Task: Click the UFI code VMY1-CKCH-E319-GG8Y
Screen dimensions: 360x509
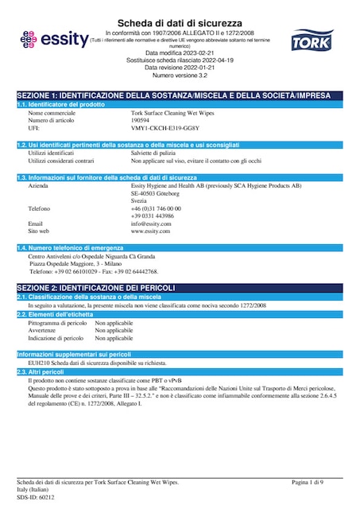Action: point(165,127)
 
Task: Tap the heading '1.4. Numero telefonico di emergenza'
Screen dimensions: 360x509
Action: point(72,249)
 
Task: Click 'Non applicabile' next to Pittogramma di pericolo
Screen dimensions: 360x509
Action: point(114,324)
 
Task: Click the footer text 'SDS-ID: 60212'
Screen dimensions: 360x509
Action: point(36,497)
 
